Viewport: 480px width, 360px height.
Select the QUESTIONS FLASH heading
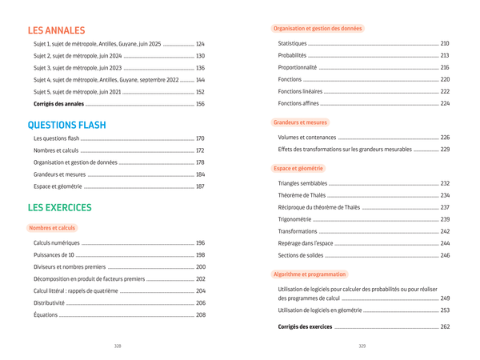[66, 126]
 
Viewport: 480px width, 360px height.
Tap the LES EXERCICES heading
[59, 208]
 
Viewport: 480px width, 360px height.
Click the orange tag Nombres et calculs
[52, 228]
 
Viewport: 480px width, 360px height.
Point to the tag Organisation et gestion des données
[318, 29]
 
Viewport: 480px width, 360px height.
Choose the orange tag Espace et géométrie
[298, 169]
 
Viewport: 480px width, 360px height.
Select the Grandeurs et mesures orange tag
[300, 122]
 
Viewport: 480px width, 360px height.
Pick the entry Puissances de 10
[54, 255]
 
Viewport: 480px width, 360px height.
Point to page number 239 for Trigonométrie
[445, 219]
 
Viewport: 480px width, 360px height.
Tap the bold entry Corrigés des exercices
[304, 327]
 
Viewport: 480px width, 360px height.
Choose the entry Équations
[46, 315]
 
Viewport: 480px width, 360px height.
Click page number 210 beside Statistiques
[445, 43]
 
